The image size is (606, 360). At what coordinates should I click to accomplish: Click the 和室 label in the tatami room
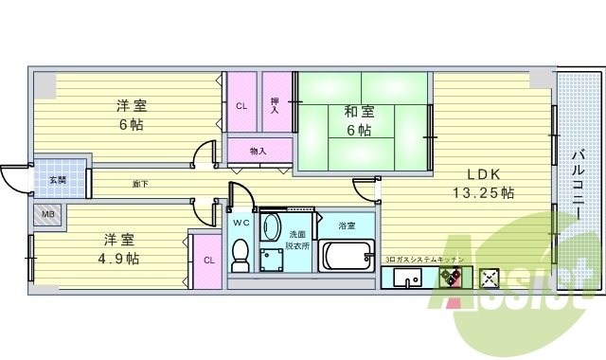tap(358, 112)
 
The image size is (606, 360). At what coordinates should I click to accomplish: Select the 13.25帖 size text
tap(483, 192)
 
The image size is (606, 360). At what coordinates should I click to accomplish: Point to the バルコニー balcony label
tap(577, 185)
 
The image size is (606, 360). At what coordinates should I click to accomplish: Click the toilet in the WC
tap(241, 253)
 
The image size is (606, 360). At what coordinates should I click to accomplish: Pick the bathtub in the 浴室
tap(348, 255)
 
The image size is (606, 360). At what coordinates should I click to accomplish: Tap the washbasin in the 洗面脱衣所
tap(272, 228)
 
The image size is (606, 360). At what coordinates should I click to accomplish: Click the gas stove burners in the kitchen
tap(450, 278)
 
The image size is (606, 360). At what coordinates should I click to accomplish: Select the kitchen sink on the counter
tap(409, 278)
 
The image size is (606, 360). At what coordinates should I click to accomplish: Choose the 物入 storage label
tap(258, 151)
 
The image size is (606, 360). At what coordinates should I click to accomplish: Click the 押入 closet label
tap(275, 105)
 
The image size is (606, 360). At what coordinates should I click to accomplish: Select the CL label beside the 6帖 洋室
tap(241, 105)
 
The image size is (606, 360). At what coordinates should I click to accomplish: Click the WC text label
tap(241, 223)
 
